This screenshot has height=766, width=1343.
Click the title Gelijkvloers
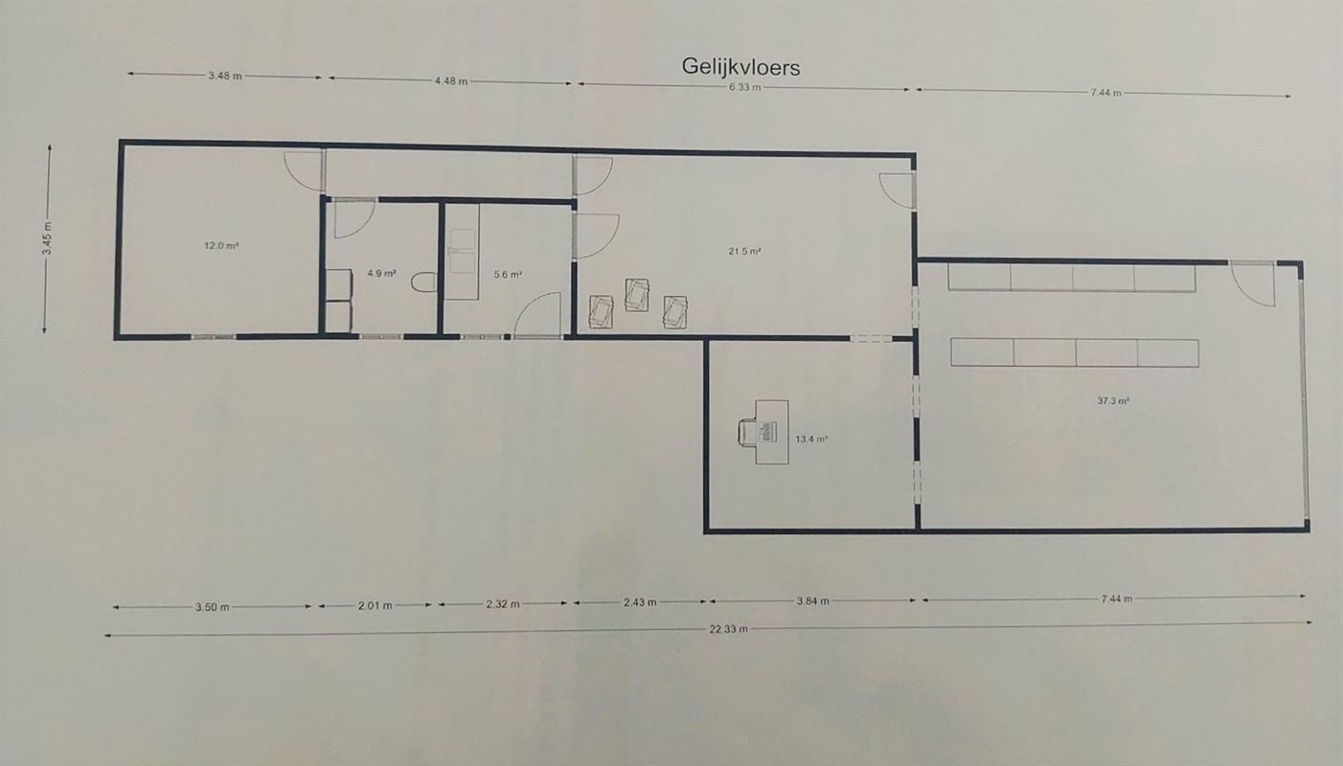740,66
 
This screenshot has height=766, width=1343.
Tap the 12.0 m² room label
220,245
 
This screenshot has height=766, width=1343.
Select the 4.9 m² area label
381,273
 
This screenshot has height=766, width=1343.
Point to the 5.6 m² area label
508,275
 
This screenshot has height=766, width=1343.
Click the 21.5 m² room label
744,252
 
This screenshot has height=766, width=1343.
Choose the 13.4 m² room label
810,439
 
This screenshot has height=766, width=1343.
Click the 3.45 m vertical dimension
47,239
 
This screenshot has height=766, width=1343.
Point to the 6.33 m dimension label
744,87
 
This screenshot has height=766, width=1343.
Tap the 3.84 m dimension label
813,601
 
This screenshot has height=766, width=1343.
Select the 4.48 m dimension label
450,81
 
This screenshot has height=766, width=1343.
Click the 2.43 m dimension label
640,602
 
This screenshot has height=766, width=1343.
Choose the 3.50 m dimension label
212,606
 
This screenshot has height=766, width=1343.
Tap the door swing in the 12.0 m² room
302,170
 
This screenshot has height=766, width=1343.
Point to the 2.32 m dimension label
504,603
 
